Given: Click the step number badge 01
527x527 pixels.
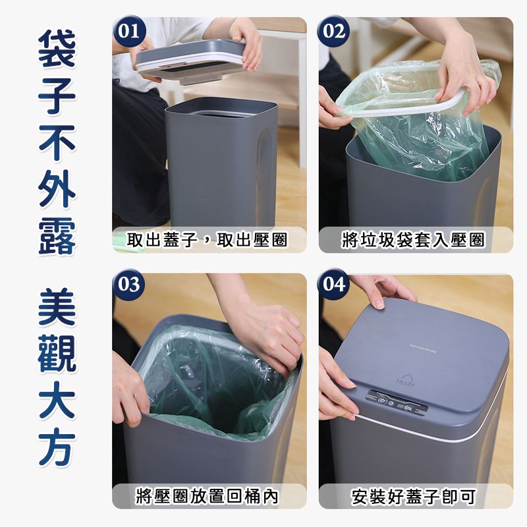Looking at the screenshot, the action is click(x=129, y=31).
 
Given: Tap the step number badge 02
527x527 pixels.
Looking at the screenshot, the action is click(x=334, y=31).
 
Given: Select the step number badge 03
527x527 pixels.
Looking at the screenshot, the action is click(x=129, y=285).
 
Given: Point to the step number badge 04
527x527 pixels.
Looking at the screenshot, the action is click(x=334, y=285).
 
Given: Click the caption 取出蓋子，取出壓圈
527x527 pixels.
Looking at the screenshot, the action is click(x=207, y=240).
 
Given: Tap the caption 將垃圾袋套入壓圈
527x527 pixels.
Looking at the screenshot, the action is click(x=413, y=240).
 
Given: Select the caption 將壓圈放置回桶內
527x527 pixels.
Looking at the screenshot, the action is click(x=207, y=496).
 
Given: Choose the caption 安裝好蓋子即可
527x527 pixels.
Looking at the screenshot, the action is click(x=414, y=496).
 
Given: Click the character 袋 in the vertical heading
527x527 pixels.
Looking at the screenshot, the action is click(x=57, y=48).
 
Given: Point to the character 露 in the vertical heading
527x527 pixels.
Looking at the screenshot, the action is click(x=57, y=236).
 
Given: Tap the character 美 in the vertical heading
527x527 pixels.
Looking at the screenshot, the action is click(x=57, y=307).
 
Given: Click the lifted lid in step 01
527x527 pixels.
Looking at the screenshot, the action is click(x=190, y=61).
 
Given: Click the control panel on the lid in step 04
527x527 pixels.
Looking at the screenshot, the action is click(x=397, y=402).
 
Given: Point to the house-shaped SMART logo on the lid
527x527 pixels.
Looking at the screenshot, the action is click(x=404, y=381).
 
